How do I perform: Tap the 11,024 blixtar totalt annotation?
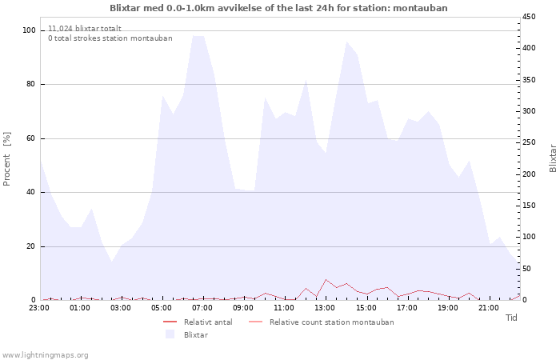(84, 28)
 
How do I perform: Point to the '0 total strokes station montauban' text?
(110, 38)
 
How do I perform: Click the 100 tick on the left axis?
(29, 30)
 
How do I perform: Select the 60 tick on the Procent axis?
(30, 138)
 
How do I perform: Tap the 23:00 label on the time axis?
(40, 307)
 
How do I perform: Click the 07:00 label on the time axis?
(203, 307)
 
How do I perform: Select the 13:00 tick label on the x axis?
(326, 307)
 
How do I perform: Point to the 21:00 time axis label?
(489, 307)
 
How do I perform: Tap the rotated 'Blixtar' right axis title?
(553, 158)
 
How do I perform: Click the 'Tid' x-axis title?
(512, 318)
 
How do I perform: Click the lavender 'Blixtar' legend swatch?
(169, 334)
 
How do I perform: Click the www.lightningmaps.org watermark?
(45, 354)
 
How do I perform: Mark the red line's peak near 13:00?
(326, 279)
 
